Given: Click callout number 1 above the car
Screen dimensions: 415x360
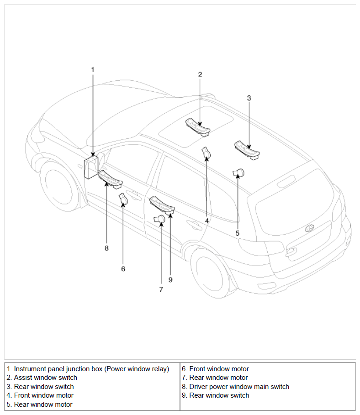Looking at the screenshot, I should [x=92, y=69].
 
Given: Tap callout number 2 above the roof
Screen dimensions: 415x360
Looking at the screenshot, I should [x=200, y=74].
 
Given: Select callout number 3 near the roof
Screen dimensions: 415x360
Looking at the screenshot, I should [x=249, y=98].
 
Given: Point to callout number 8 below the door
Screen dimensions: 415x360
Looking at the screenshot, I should [x=106, y=248].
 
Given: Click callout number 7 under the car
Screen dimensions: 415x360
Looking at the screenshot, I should [x=161, y=289].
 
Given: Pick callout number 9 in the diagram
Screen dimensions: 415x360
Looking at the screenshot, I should [x=170, y=280].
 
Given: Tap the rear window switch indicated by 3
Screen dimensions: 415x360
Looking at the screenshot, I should [x=247, y=150].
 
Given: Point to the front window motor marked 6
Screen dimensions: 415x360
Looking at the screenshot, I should [x=123, y=199].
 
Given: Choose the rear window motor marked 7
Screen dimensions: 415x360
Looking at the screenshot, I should [x=160, y=219].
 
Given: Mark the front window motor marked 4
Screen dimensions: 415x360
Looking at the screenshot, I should [x=206, y=153].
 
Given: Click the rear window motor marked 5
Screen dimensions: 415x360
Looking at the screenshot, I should [x=238, y=173].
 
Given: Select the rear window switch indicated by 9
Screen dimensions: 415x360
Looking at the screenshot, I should [x=163, y=204].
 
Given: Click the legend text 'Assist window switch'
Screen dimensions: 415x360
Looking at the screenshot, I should [x=45, y=378].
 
